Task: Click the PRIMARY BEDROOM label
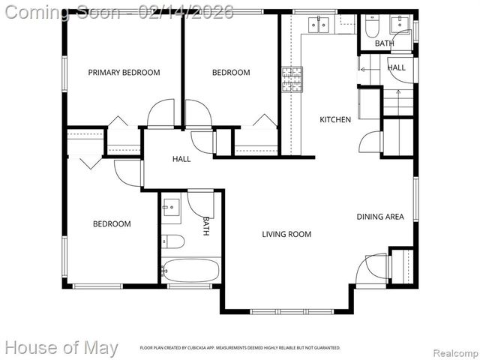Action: [x=124, y=73]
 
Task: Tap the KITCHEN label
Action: [x=335, y=119]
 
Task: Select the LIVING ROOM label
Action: [x=286, y=234]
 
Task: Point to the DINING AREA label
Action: [x=379, y=217]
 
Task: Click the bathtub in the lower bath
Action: [x=190, y=270]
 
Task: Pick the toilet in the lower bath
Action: [x=173, y=241]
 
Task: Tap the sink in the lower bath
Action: [x=170, y=205]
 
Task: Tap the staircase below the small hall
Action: [x=397, y=100]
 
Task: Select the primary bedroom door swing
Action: [x=160, y=115]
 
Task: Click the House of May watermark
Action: [x=61, y=348]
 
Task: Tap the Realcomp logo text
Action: [x=453, y=352]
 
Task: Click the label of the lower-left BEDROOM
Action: [x=112, y=223]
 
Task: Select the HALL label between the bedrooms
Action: [x=181, y=159]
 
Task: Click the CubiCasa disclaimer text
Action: [x=240, y=348]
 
